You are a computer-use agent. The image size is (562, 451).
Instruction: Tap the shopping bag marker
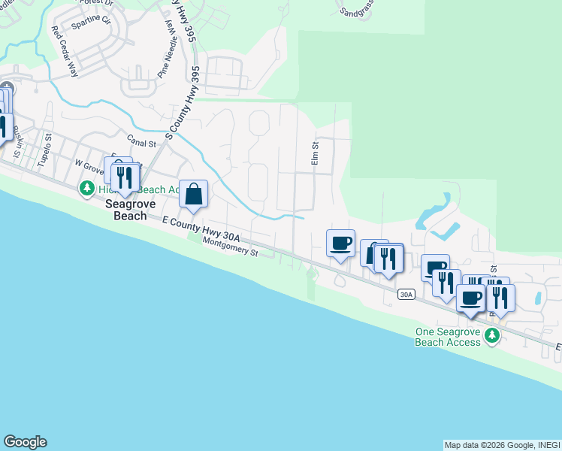pyautogui.click(x=194, y=194)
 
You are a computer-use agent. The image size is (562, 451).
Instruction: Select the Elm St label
pyautogui.click(x=316, y=153)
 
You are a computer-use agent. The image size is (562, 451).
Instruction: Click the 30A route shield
pyautogui.click(x=406, y=295)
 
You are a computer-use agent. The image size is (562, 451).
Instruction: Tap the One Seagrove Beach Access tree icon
pyautogui.click(x=492, y=335)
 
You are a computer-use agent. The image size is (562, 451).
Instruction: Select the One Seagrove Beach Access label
pyautogui.click(x=447, y=337)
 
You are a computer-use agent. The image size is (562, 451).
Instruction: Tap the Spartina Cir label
pyautogui.click(x=92, y=19)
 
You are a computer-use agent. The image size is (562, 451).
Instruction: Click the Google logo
pyautogui.click(x=25, y=442)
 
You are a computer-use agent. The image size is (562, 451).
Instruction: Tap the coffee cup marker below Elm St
pyautogui.click(x=340, y=244)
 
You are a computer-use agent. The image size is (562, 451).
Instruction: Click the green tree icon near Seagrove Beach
pyautogui.click(x=88, y=188)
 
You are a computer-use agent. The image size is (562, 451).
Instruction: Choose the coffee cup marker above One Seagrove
pyautogui.click(x=471, y=298)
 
